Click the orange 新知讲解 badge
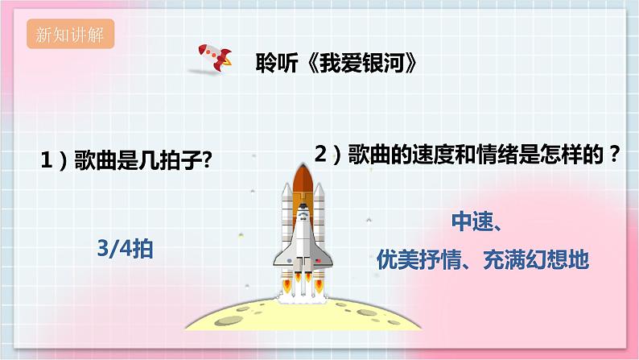(x=69, y=35)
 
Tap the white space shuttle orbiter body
(x=303, y=238)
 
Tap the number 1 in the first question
(x=47, y=161)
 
